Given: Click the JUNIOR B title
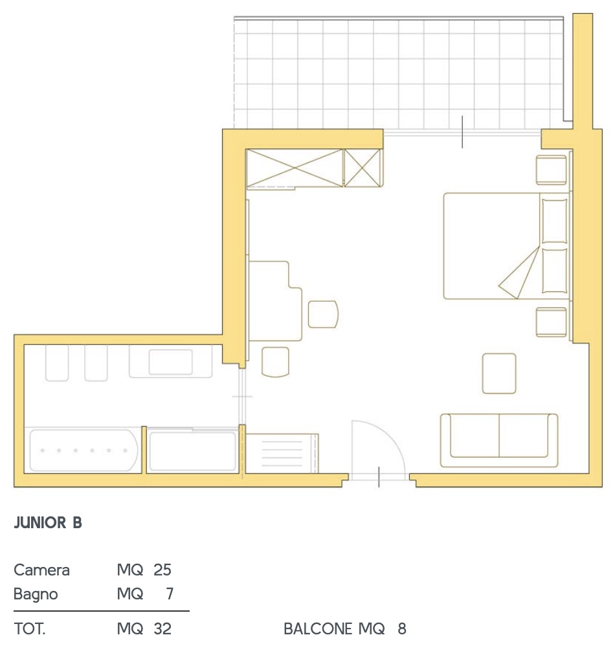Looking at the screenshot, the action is click(x=48, y=523).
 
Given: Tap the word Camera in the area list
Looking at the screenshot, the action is click(x=41, y=570).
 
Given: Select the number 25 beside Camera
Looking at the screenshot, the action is click(x=162, y=570).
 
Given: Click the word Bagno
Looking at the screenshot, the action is click(x=36, y=595).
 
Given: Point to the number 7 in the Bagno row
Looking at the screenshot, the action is click(x=170, y=594).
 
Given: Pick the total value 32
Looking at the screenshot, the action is click(x=162, y=629).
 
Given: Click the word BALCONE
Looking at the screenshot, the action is click(x=318, y=629).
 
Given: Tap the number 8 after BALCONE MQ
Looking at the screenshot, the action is click(x=402, y=629).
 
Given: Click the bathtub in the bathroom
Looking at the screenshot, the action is click(x=84, y=451).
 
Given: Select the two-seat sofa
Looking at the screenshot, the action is click(x=499, y=440).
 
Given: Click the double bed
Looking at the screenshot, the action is click(x=506, y=246).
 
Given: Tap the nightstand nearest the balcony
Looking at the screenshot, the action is click(x=552, y=170).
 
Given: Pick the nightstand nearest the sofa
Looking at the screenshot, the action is click(x=552, y=322).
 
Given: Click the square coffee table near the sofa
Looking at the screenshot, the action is click(x=499, y=373).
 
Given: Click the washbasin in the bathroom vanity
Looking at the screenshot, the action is click(x=170, y=362).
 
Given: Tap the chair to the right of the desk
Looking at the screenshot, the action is click(x=323, y=315).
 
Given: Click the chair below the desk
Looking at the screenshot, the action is click(x=275, y=362).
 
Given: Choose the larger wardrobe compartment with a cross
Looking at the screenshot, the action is click(x=295, y=168).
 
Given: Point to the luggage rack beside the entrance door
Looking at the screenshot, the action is click(x=282, y=453).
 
